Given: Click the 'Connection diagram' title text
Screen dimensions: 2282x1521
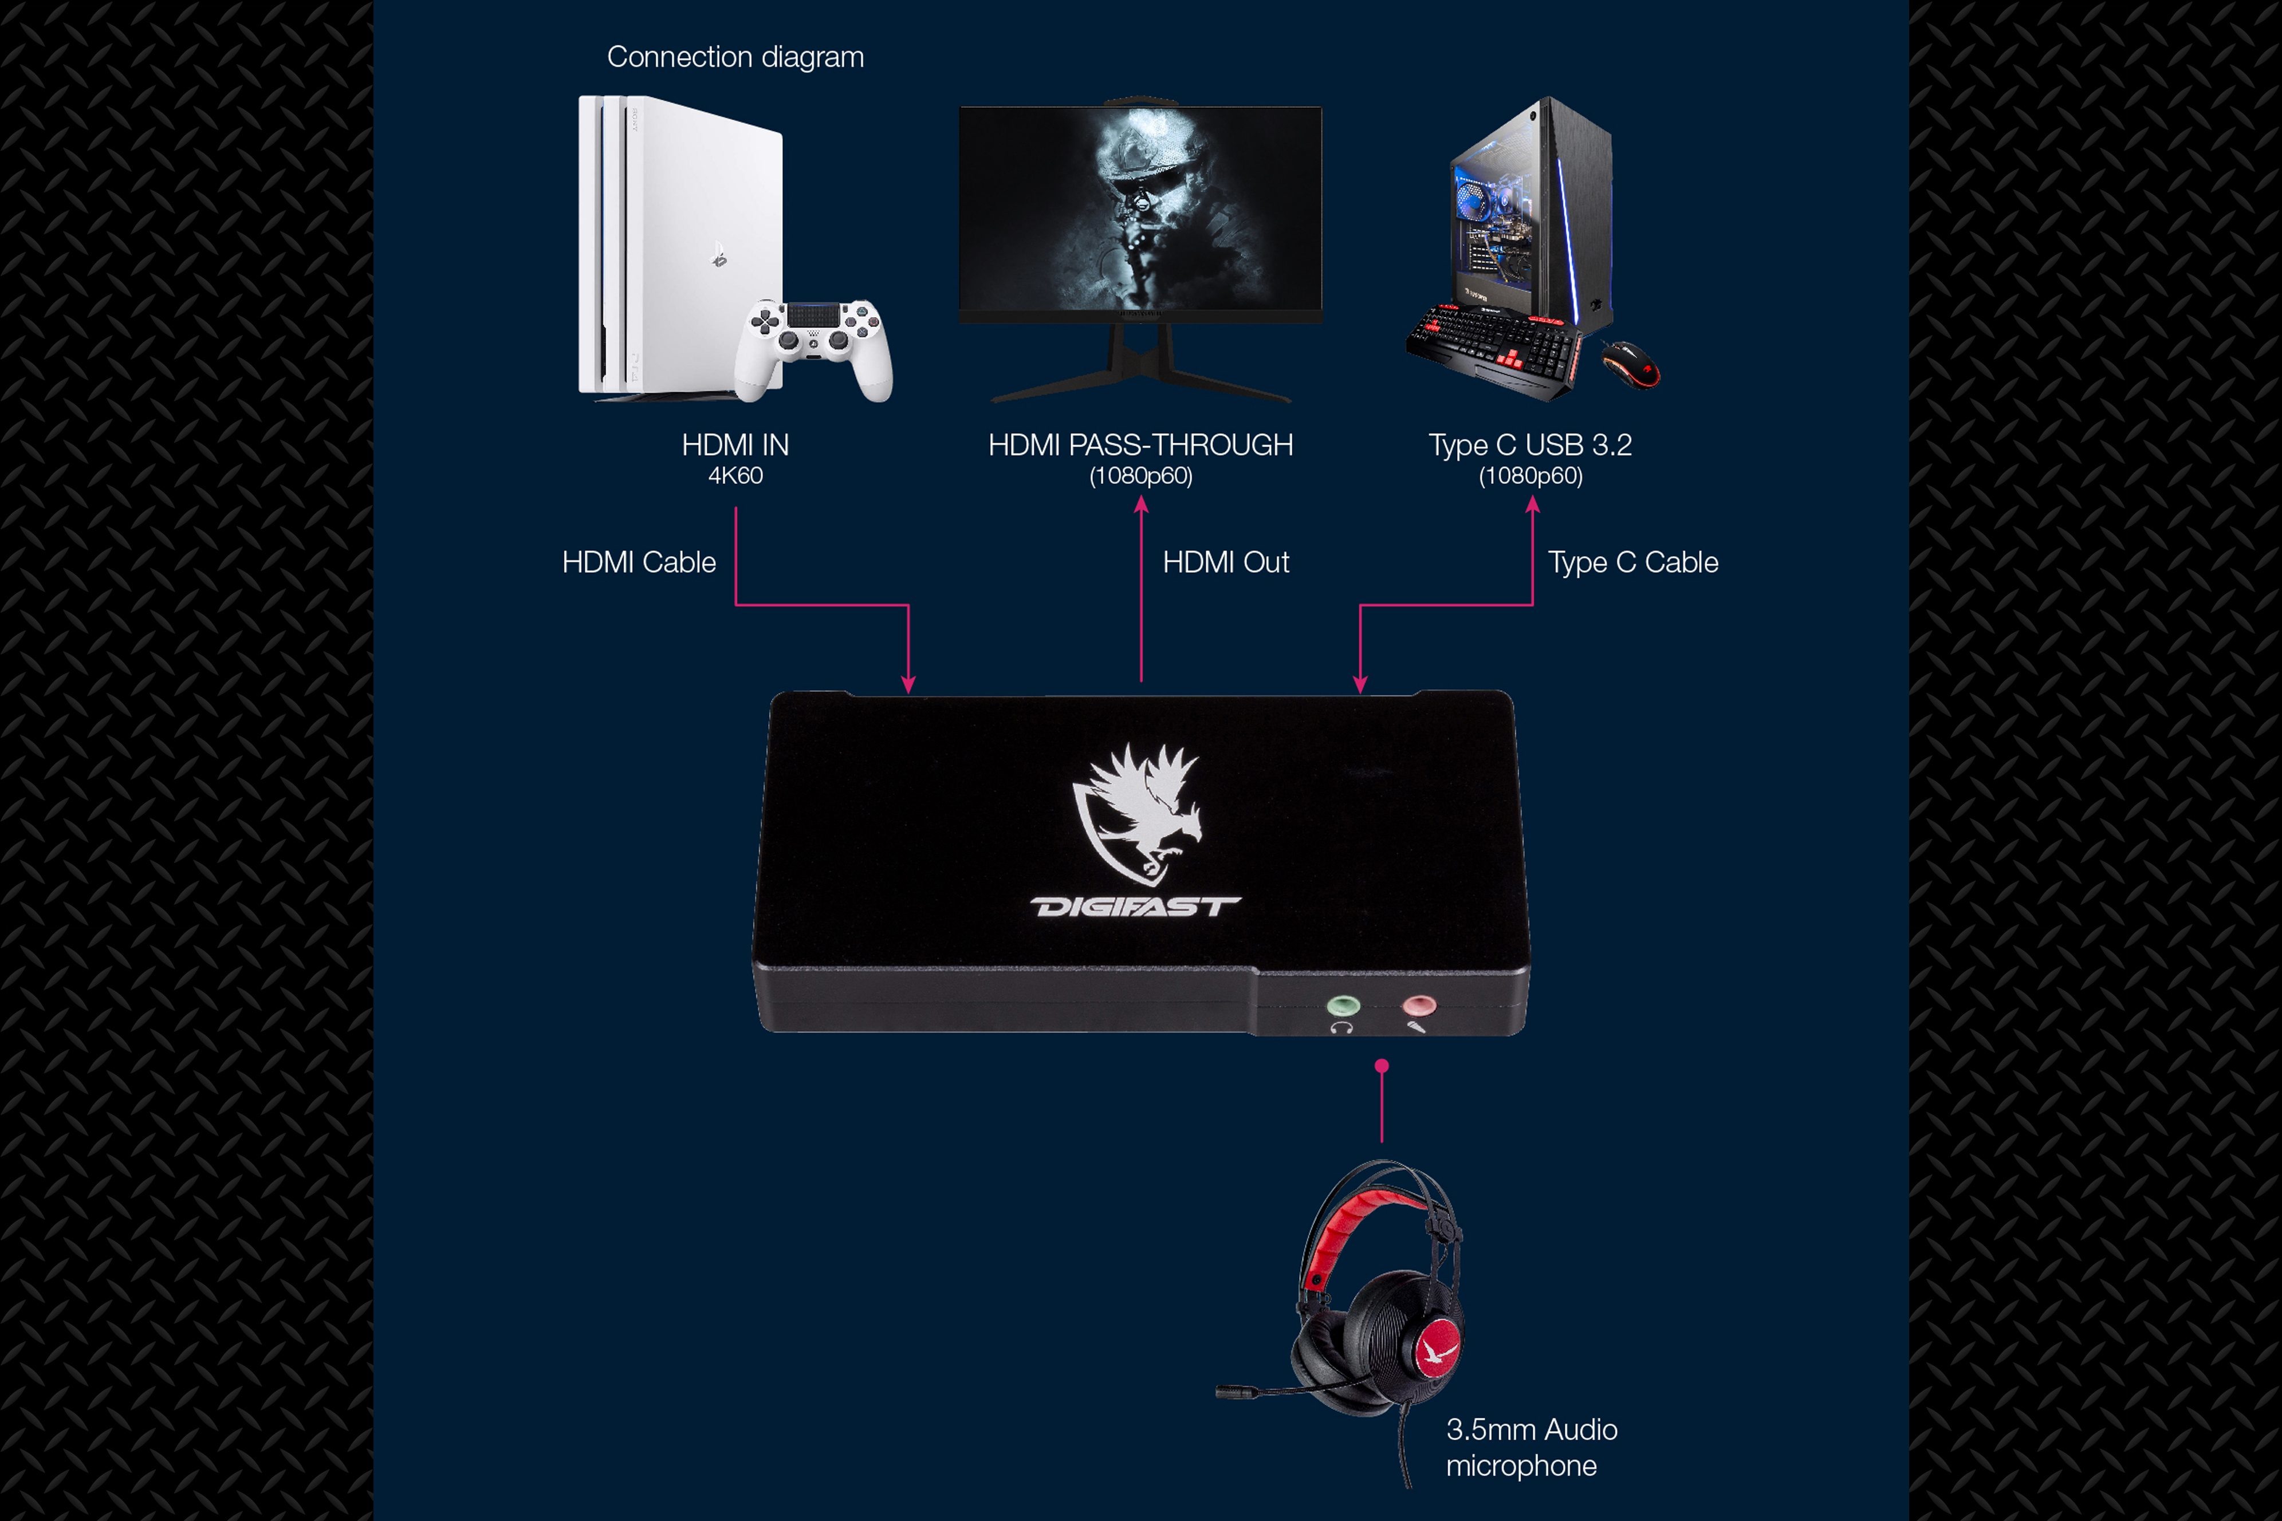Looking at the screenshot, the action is [x=735, y=57].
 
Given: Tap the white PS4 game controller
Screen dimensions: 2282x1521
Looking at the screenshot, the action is [x=813, y=347].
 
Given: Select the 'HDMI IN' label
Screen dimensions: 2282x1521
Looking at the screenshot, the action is [x=735, y=445].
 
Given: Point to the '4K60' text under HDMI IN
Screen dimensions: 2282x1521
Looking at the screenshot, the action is [x=735, y=475].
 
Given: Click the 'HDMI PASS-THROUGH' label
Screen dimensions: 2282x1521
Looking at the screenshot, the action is [x=1141, y=445].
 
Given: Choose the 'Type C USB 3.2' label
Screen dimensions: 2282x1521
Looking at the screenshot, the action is [x=1530, y=445].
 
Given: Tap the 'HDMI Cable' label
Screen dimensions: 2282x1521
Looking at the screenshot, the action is [x=639, y=562].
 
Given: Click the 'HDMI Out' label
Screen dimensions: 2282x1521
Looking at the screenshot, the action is [x=1226, y=562].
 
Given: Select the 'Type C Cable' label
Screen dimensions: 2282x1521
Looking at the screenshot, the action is [x=1633, y=562].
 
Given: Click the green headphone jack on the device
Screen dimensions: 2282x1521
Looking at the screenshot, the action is [x=1343, y=1005].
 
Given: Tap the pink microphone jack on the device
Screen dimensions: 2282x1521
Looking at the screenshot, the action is [x=1418, y=1005].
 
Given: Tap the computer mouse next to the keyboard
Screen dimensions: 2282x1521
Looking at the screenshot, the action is [x=1630, y=364].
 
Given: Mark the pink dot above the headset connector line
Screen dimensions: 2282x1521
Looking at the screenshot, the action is [x=1382, y=1066].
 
